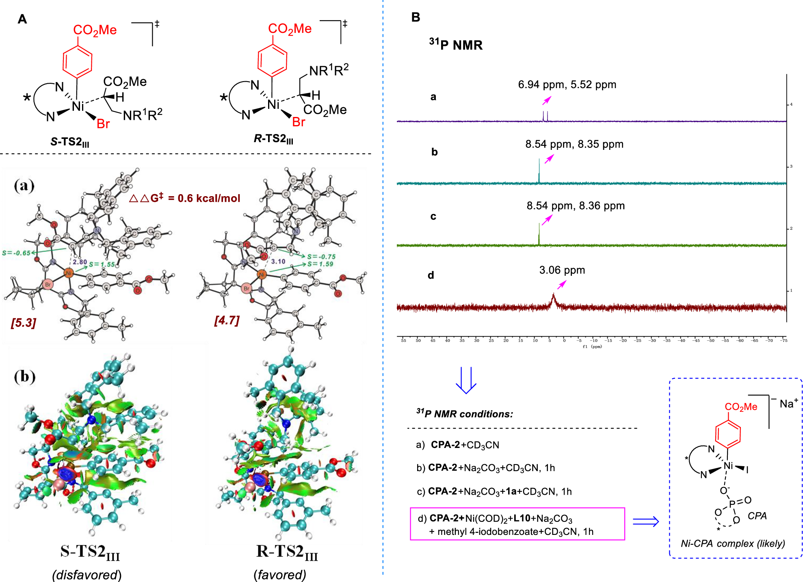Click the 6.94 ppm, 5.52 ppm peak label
[x=567, y=84]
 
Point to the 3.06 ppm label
[x=562, y=270]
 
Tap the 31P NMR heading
[x=456, y=44]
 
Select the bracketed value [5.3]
[x=24, y=323]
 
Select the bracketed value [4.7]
[x=227, y=320]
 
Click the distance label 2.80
[x=80, y=262]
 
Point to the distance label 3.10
[x=278, y=262]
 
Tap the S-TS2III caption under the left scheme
[x=70, y=142]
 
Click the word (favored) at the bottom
[x=280, y=575]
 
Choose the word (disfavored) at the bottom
[x=87, y=575]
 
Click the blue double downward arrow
[x=466, y=380]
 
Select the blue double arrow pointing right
[x=646, y=521]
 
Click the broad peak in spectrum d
[x=553, y=301]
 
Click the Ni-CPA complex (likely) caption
[x=733, y=543]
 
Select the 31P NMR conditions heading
[x=465, y=413]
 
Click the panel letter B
[x=416, y=17]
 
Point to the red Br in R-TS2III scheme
[x=299, y=122]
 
